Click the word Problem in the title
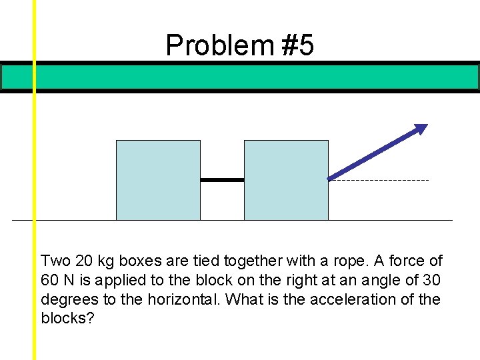point(219,45)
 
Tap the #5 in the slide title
point(297,45)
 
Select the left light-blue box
point(158,180)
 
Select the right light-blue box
point(286,180)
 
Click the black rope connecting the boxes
point(222,179)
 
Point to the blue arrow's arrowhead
point(420,129)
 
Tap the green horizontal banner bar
point(240,77)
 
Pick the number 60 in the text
point(51,280)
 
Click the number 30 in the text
point(432,280)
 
